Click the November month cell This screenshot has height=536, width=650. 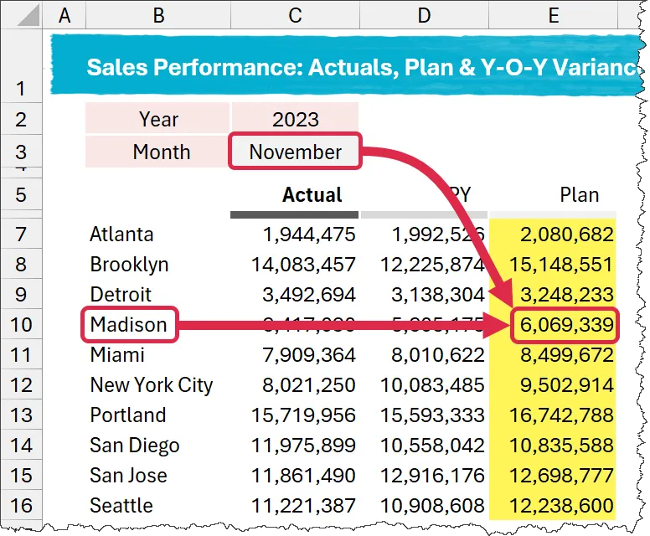(x=295, y=152)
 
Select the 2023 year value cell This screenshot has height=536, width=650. (x=295, y=119)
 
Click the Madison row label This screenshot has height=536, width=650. (x=129, y=325)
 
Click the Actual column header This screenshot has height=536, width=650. (x=312, y=195)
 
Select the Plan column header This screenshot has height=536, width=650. (x=580, y=195)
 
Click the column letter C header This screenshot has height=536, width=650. (x=295, y=16)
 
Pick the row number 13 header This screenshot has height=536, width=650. (x=21, y=415)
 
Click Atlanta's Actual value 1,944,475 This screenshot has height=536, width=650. (x=303, y=234)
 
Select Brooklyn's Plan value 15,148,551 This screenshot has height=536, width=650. (x=560, y=265)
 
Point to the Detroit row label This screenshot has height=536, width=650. (x=121, y=295)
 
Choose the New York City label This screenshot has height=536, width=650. (x=152, y=385)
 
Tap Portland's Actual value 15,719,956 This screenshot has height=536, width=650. (x=303, y=415)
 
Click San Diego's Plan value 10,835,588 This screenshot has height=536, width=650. (x=560, y=446)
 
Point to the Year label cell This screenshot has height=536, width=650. (x=157, y=119)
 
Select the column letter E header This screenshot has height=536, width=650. (x=553, y=16)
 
